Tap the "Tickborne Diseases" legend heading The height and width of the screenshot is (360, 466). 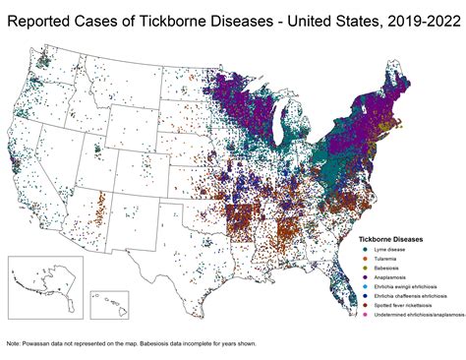pos(397,237)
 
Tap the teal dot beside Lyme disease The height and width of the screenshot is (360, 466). pos(365,248)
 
